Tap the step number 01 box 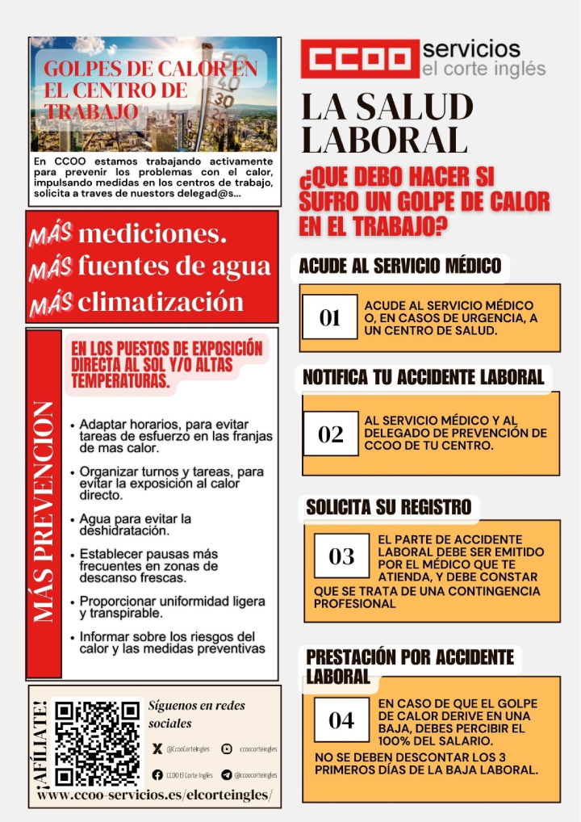pyautogui.click(x=329, y=318)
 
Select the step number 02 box pyautogui.click(x=330, y=434)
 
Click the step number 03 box pyautogui.click(x=341, y=556)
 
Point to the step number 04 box pyautogui.click(x=341, y=720)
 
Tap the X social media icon pyautogui.click(x=157, y=749)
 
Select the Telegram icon pyautogui.click(x=227, y=775)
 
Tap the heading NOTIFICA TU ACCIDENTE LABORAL pyautogui.click(x=423, y=377)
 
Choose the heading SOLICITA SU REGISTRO pyautogui.click(x=388, y=507)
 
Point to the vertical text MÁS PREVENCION pyautogui.click(x=44, y=512)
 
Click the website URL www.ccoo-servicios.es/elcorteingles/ pyautogui.click(x=155, y=795)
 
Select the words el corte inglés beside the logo pyautogui.click(x=484, y=69)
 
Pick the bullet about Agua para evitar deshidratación pyautogui.click(x=136, y=525)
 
